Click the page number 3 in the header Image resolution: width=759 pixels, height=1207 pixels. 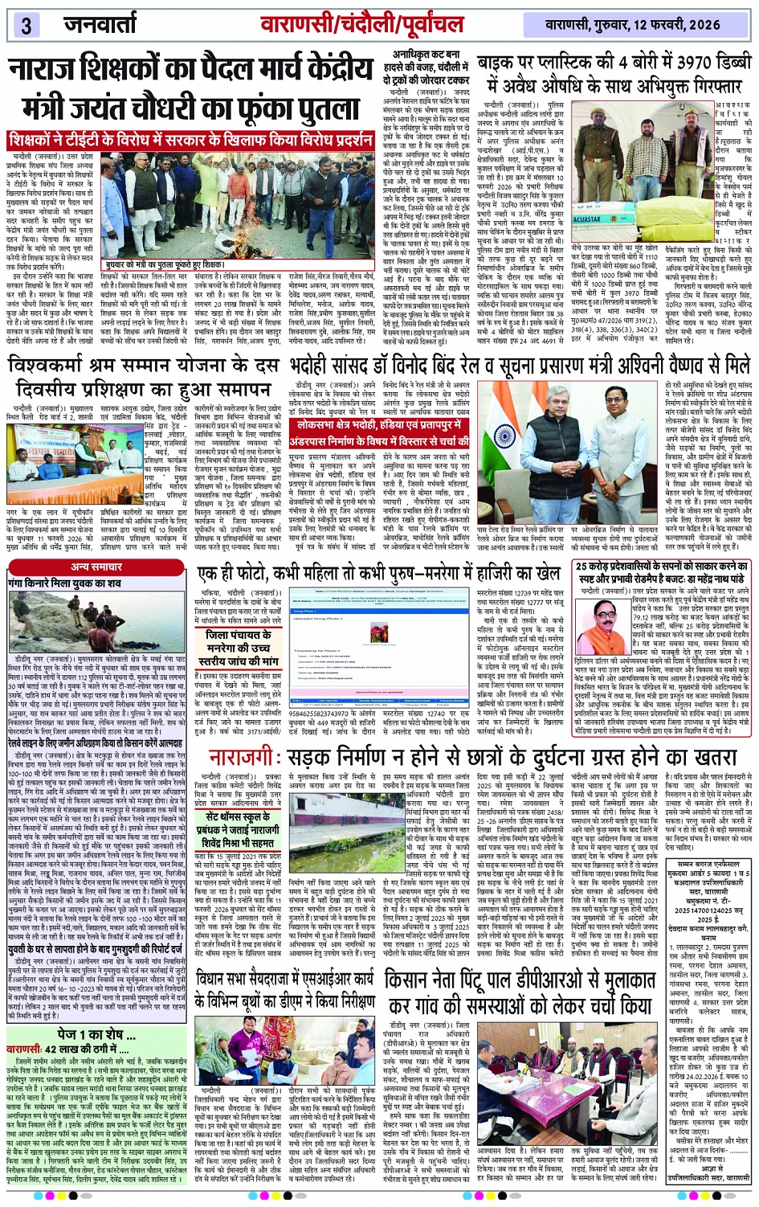coord(26,25)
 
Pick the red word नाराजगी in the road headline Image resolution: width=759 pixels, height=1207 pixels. coord(247,757)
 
